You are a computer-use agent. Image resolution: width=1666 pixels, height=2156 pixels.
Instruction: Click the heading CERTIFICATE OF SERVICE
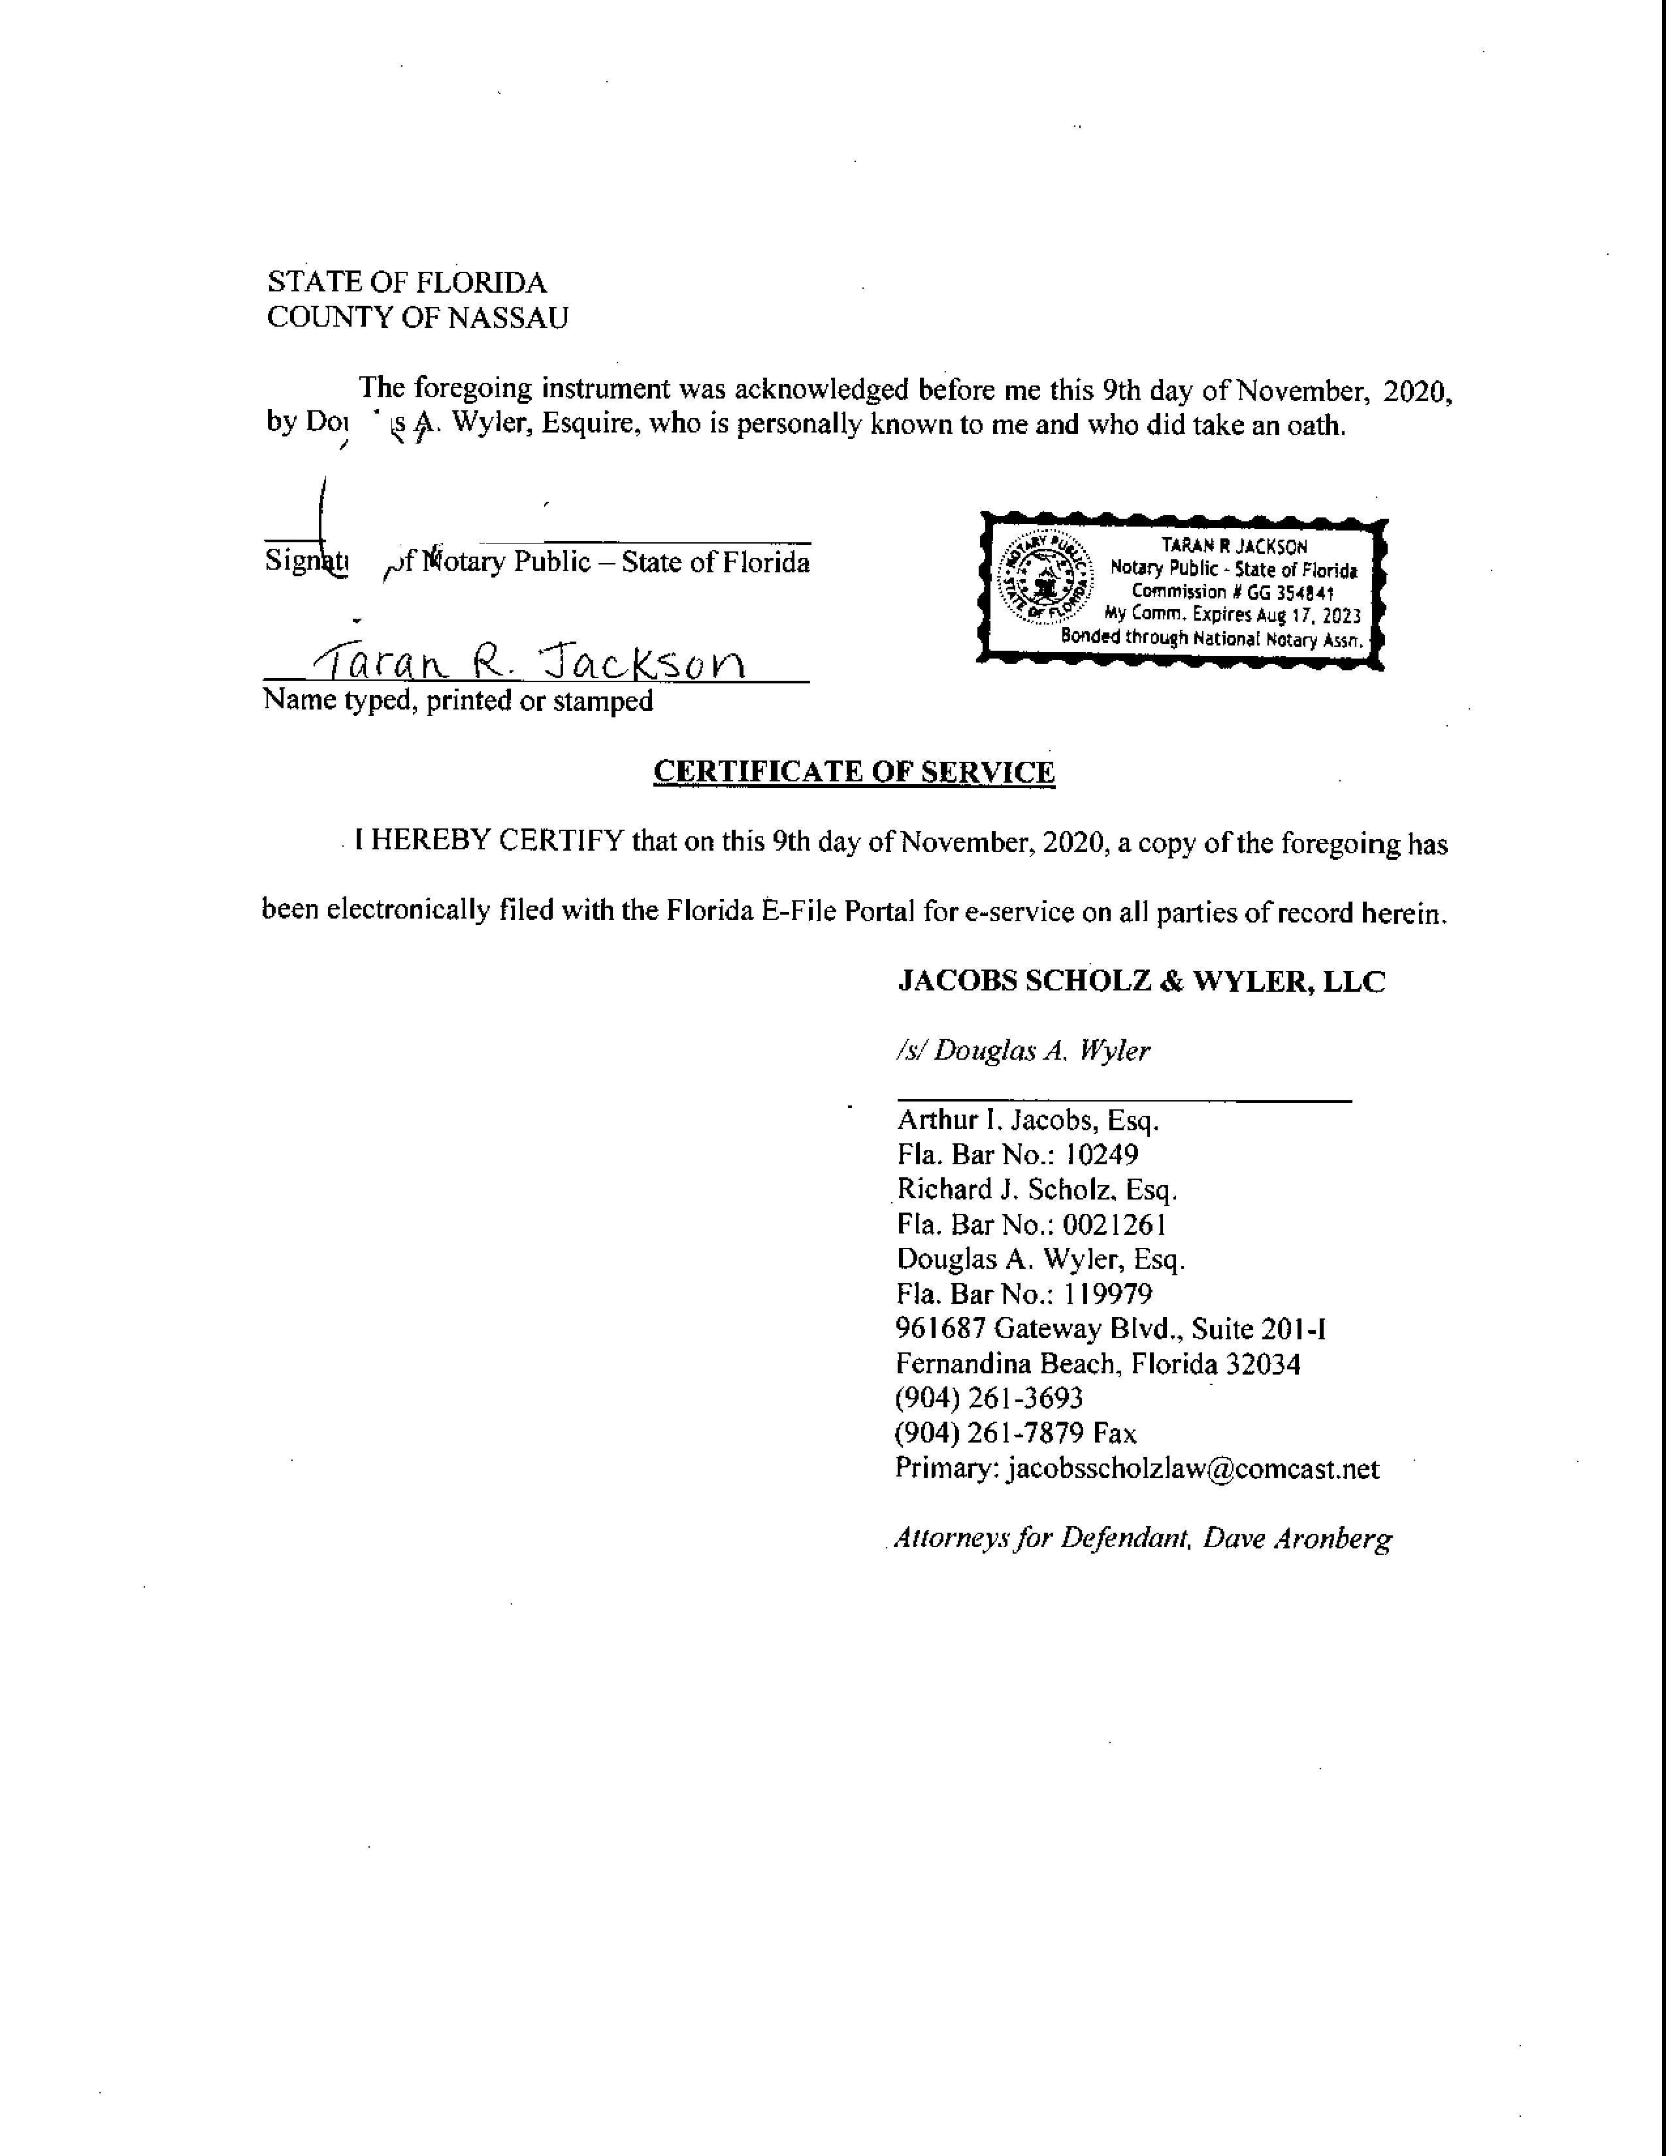(854, 772)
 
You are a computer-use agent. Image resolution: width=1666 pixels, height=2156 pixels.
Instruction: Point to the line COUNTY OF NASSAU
(417, 318)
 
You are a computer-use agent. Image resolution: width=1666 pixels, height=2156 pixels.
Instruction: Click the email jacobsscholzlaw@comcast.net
(1192, 1469)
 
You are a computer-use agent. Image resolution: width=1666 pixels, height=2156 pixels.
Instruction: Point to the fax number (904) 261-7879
(990, 1433)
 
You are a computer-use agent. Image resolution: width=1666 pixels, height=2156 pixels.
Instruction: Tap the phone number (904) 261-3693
(989, 1399)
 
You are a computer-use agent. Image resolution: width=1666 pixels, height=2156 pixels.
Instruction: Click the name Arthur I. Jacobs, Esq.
(1028, 1120)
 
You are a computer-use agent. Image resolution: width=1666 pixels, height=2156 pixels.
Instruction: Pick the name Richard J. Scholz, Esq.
(1036, 1190)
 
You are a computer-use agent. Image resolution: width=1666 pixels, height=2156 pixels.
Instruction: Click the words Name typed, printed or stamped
(458, 701)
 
